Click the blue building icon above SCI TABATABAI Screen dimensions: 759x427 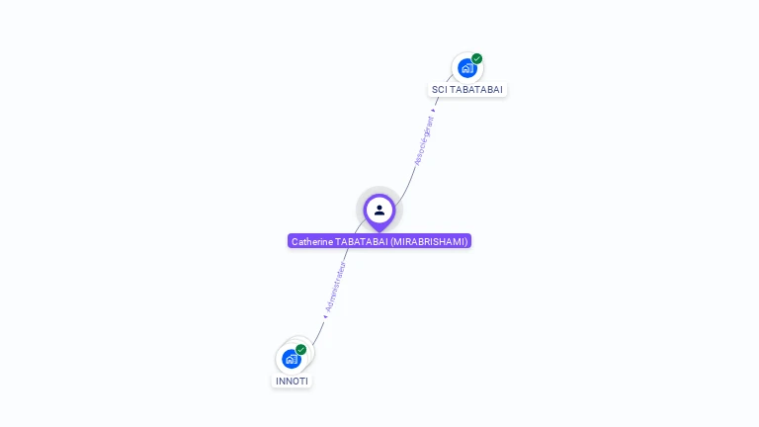click(466, 68)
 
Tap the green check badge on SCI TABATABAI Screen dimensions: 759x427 click(476, 59)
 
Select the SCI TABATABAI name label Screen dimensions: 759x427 click(467, 90)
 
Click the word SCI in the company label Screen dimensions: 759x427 click(439, 90)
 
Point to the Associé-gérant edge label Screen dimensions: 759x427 click(423, 140)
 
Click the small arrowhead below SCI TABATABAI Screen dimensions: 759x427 click(433, 111)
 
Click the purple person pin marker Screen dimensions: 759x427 click(379, 211)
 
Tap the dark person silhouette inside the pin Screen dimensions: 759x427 click(379, 210)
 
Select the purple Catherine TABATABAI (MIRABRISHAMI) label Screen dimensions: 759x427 click(379, 241)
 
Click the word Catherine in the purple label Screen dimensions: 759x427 click(311, 241)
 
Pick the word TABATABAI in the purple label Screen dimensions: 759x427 click(361, 241)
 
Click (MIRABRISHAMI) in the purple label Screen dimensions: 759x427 click(429, 241)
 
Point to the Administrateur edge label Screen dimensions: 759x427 click(336, 287)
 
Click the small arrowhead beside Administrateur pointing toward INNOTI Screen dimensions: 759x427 click(324, 316)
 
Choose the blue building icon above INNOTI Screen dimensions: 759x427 click(291, 358)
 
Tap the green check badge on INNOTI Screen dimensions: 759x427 click(300, 349)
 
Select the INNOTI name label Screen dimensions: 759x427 click(292, 381)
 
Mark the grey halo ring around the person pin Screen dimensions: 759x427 click(362, 197)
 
